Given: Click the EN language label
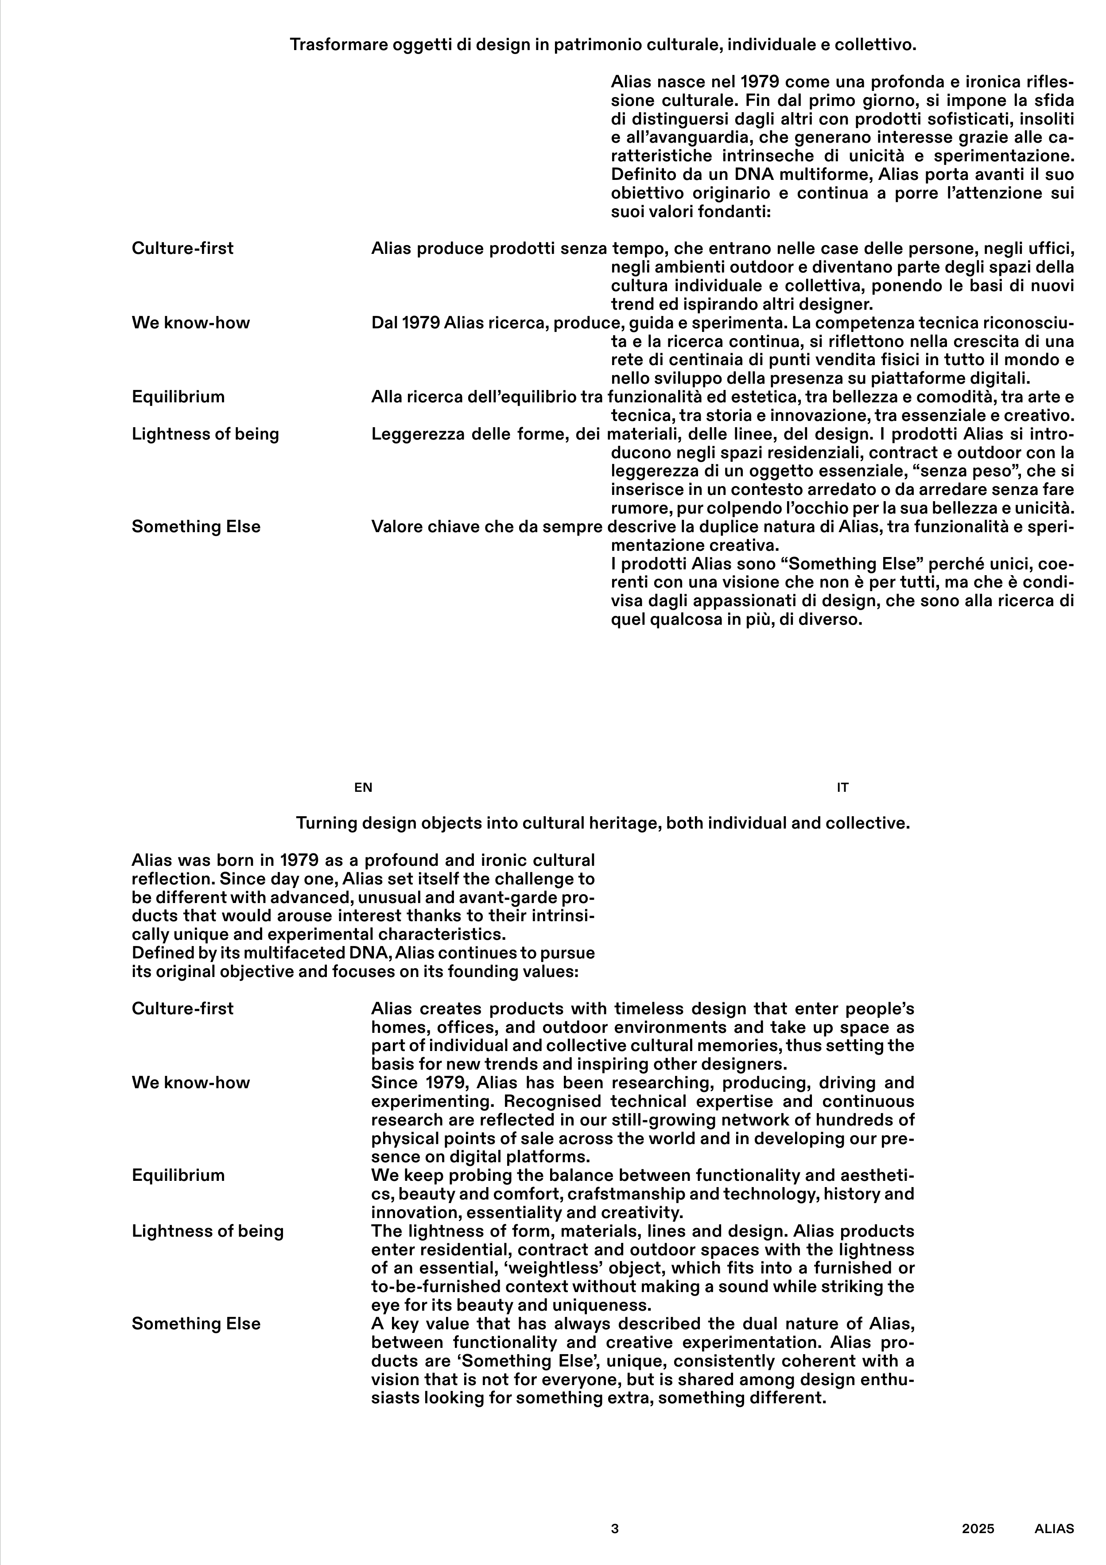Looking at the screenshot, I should click(x=363, y=788).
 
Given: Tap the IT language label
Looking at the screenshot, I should click(x=843, y=788).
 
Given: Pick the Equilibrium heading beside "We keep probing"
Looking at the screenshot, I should click(x=178, y=1175).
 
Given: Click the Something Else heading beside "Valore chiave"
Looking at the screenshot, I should click(x=196, y=527).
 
